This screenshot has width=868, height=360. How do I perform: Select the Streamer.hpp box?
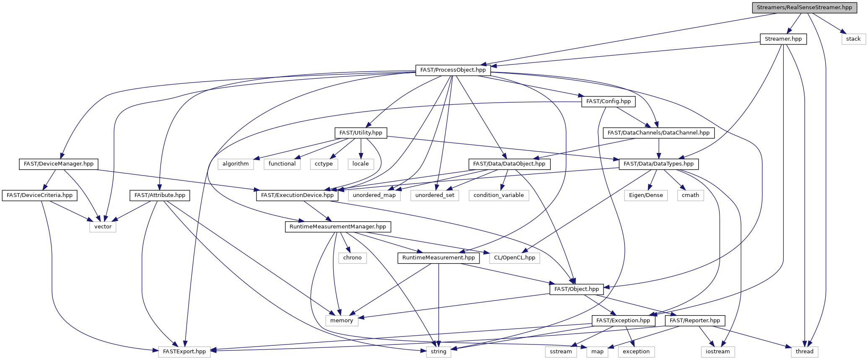point(783,39)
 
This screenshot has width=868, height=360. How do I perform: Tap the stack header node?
point(853,39)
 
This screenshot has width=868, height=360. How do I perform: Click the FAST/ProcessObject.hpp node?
point(453,70)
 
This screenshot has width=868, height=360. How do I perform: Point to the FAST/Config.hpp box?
point(608,101)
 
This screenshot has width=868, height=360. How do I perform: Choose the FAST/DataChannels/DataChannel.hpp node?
point(658,133)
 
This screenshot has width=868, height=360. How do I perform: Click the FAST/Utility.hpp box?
point(361,133)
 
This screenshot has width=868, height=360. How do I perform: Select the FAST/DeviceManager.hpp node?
point(59,164)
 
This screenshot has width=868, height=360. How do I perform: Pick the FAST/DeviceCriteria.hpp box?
point(39,195)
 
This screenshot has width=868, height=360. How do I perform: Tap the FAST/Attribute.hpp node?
point(160,195)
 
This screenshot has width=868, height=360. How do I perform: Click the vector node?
point(103,227)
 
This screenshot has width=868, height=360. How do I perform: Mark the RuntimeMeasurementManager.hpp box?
point(338,227)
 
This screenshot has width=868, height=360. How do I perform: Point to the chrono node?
point(352,258)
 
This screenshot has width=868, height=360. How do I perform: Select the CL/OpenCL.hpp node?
point(514,258)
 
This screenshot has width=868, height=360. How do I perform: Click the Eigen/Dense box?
point(646,195)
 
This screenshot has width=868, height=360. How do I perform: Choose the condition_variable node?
point(499,195)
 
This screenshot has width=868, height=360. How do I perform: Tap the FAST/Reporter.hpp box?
point(695,321)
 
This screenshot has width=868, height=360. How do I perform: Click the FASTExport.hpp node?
point(184,352)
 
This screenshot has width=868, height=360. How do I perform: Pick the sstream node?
point(561,352)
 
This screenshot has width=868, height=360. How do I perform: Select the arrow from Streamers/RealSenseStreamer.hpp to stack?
point(827,23)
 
